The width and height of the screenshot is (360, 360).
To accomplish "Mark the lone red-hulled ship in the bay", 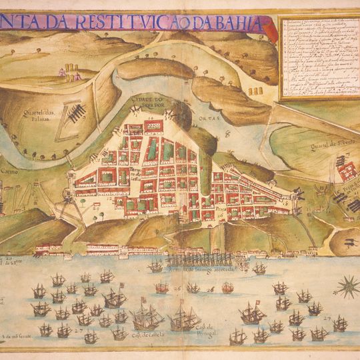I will [227, 288].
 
